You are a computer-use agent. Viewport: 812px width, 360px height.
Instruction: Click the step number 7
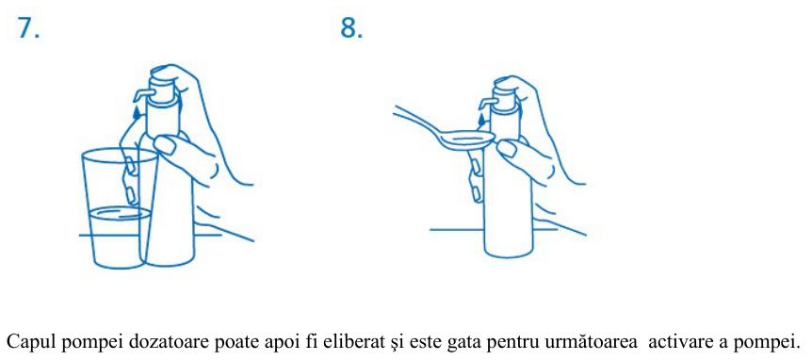click(28, 28)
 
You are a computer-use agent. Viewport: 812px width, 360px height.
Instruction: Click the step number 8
click(351, 28)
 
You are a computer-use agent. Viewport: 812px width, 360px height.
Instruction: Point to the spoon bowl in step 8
click(470, 139)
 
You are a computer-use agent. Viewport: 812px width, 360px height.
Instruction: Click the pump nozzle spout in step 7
click(141, 93)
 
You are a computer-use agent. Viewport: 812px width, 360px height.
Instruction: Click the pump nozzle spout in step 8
click(487, 102)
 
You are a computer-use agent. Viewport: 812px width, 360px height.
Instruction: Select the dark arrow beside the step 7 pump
click(136, 111)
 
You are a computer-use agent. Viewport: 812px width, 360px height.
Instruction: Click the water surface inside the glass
click(120, 212)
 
